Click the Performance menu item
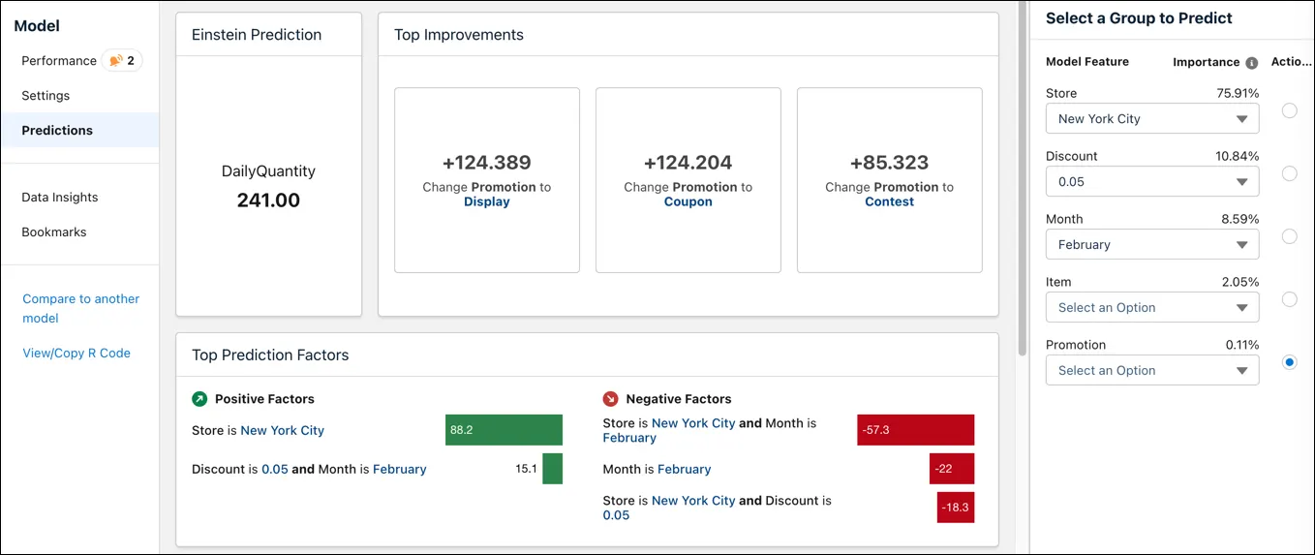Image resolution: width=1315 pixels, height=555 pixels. (59, 61)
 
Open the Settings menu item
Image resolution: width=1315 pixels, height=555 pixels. (46, 96)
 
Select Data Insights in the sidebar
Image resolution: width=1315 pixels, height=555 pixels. (60, 198)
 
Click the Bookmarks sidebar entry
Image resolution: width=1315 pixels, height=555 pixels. (54, 232)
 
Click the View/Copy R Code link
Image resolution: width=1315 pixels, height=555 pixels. (76, 354)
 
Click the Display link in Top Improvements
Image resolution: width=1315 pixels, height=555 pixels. (486, 202)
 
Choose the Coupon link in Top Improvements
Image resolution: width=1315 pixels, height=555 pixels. (688, 202)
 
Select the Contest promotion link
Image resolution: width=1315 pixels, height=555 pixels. (889, 202)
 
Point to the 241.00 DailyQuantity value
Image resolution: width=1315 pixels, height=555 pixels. (268, 200)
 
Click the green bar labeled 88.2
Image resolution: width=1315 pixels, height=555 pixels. (504, 430)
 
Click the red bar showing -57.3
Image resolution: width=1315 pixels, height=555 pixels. (915, 430)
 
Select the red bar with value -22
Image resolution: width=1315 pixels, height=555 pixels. (951, 469)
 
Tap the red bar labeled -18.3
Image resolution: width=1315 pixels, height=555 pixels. (955, 508)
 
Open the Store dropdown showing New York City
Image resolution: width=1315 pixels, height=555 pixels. (1152, 119)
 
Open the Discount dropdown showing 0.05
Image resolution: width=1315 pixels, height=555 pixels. (1152, 182)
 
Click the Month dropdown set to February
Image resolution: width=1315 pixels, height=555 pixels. (1152, 245)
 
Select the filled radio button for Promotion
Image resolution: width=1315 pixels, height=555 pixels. (1289, 362)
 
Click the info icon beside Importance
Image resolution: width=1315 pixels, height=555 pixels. (1251, 63)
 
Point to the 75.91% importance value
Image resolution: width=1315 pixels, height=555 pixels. (1237, 94)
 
